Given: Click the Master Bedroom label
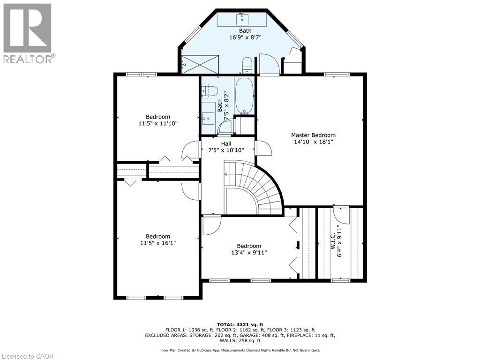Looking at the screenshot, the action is click(313, 135).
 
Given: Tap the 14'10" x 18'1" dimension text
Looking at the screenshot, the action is click(313, 142).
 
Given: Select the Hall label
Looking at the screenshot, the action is click(226, 143).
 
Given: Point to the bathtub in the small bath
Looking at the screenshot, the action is click(244, 95).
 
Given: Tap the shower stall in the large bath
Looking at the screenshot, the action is click(200, 65).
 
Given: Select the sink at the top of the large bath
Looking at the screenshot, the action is click(242, 20).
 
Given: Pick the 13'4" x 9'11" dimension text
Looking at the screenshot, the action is click(249, 253).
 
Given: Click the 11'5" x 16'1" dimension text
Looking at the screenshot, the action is click(157, 243).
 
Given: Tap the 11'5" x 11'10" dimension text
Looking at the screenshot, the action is click(158, 123).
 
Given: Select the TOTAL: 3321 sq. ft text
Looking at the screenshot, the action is click(240, 324).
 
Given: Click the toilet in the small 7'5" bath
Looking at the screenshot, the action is click(210, 91).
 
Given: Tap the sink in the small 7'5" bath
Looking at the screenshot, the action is click(209, 117).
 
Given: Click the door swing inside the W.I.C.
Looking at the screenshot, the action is click(341, 215).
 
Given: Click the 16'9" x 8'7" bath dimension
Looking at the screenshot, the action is click(245, 37).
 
